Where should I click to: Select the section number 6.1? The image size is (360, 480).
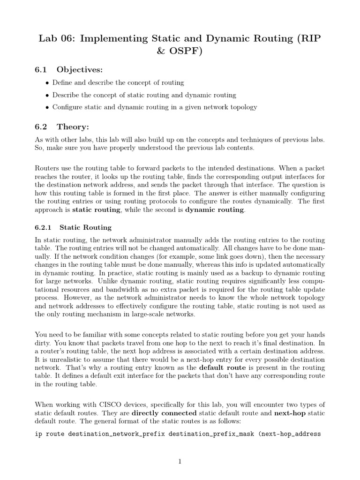point(42,70)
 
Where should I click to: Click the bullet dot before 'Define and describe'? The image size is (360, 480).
point(47,83)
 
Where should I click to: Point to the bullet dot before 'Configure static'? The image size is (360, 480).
point(47,107)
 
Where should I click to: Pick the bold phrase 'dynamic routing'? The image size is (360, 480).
point(214,210)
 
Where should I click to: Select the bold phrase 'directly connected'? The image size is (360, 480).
point(163,412)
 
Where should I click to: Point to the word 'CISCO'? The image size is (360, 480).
point(97,405)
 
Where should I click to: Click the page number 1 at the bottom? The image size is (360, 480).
point(180,462)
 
